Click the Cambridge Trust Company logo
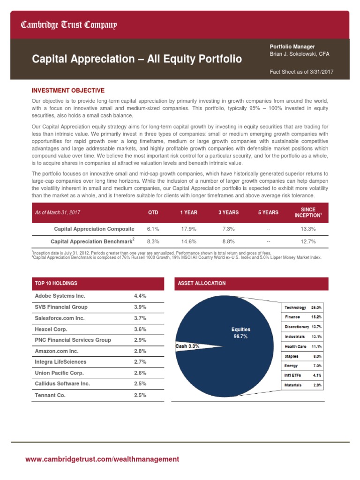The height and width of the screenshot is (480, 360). click(x=68, y=25)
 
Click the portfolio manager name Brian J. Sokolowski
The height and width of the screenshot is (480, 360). click(x=300, y=54)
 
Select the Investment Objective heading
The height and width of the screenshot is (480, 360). click(x=68, y=90)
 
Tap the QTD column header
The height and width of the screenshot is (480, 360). click(x=153, y=212)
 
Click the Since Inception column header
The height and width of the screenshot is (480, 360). click(x=307, y=212)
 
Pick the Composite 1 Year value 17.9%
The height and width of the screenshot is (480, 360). click(x=188, y=229)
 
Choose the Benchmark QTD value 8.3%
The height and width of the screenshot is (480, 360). click(x=153, y=241)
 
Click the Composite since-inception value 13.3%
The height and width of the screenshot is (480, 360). click(x=307, y=229)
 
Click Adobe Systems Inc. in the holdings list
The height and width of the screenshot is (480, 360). click(x=60, y=296)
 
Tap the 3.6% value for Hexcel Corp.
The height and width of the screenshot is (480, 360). click(x=140, y=329)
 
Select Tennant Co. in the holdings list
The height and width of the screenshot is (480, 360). click(x=50, y=395)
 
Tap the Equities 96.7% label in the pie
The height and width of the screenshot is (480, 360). click(x=240, y=333)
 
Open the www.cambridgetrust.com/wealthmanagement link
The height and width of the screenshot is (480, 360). click(x=102, y=459)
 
